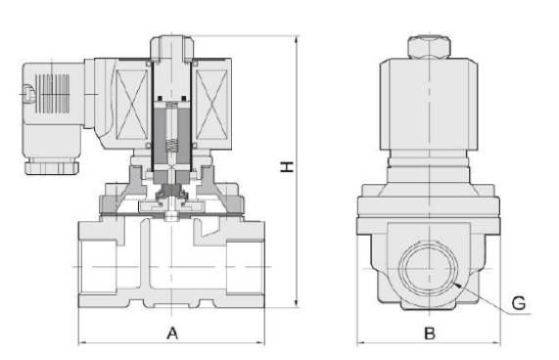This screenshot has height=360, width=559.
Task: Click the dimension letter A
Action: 172,334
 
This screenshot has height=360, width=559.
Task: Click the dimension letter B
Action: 430,334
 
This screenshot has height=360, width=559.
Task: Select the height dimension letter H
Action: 287,166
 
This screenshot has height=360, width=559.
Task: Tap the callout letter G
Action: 519,303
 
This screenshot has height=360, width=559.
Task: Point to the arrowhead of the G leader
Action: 456,285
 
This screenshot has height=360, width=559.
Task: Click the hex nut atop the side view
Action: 429,47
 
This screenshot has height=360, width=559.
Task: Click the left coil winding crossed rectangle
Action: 131,104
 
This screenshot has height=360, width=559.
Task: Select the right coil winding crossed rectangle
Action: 211,104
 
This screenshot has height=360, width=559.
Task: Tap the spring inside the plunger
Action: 172,144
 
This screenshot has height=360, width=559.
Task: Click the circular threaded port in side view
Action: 429,267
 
